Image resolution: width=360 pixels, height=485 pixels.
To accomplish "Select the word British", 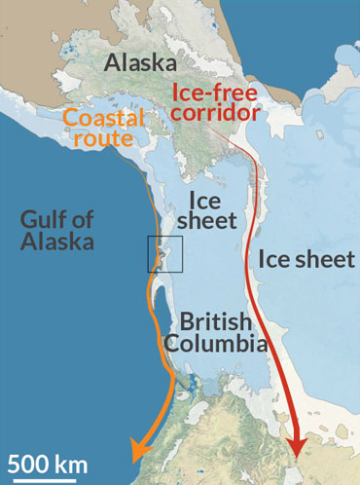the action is coord(211,323).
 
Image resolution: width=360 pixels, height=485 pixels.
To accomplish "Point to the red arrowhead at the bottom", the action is coord(297,447).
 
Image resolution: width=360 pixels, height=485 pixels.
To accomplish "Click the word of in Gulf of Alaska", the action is coord(94,220).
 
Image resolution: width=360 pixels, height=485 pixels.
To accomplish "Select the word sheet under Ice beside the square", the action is coord(210,221).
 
